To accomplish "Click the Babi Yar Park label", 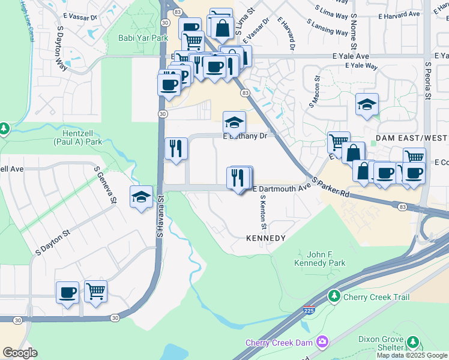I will tap(142, 37).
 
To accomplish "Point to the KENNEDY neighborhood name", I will tap(265, 238).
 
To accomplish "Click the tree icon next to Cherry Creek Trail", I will tap(334, 296).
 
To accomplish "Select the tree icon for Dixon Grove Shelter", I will tap(412, 343).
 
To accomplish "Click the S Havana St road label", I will tap(160, 215).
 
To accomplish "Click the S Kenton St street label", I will tap(263, 212).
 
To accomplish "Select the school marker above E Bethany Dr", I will tap(234, 123).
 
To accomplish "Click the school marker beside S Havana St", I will tap(141, 197).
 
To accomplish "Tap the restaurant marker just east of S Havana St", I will tap(176, 149).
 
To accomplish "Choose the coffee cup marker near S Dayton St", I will tap(67, 293).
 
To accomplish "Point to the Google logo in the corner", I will tap(20, 353).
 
